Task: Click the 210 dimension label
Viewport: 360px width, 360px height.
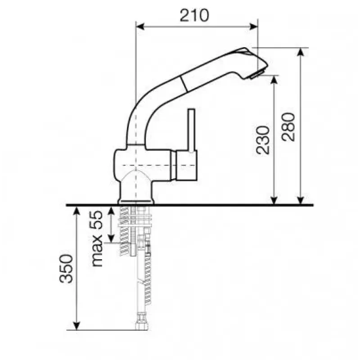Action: click(194, 15)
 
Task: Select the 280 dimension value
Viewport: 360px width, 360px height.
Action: click(288, 127)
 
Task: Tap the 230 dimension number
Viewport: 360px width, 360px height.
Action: click(262, 140)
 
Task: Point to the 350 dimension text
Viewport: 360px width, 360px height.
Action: click(66, 268)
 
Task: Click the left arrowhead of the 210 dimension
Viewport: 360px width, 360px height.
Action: click(140, 27)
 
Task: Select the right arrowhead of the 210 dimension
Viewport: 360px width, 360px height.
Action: click(253, 27)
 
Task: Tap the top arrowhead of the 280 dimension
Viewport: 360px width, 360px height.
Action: click(301, 52)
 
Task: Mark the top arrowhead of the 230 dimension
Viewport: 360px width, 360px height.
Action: click(274, 80)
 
